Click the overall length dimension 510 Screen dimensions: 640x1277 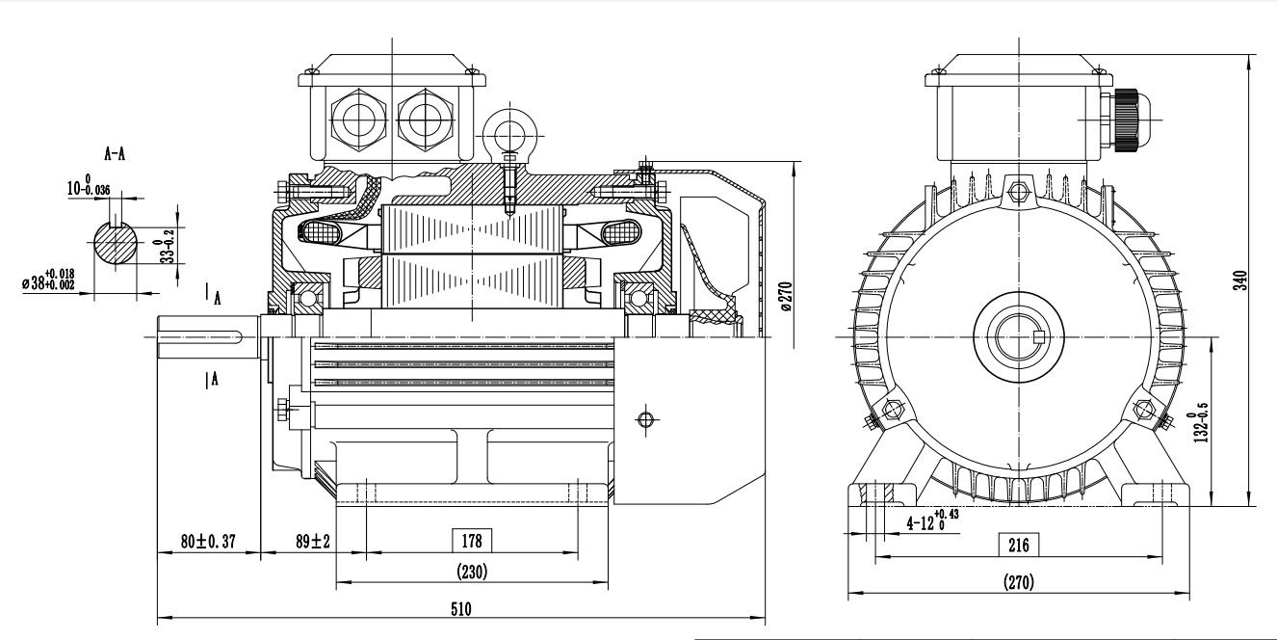tap(461, 609)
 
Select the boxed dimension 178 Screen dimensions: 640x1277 tap(472, 539)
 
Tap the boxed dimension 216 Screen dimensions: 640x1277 tap(1017, 545)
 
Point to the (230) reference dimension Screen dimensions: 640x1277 tap(472, 571)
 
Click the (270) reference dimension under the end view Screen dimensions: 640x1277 tap(1019, 582)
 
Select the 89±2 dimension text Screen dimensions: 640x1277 tap(313, 542)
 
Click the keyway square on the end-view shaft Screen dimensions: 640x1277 tap(1038, 336)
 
